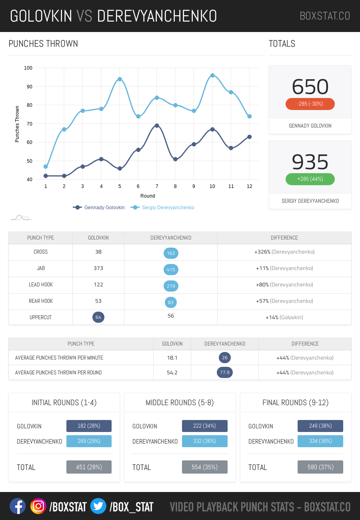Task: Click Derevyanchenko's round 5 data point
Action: pyautogui.click(x=120, y=79)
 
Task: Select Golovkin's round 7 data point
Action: pyautogui.click(x=157, y=126)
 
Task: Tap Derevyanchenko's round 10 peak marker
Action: pyautogui.click(x=212, y=75)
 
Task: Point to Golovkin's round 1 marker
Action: pyautogui.click(x=46, y=176)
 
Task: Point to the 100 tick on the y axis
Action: pyautogui.click(x=28, y=68)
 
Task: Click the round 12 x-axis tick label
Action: pyautogui.click(x=250, y=186)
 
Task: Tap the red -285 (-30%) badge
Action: pyautogui.click(x=310, y=104)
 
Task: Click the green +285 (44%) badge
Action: pyautogui.click(x=310, y=179)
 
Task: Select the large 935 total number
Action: pyautogui.click(x=310, y=162)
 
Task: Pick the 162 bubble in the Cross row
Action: pyautogui.click(x=171, y=253)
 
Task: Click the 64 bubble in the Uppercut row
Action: pyautogui.click(x=98, y=318)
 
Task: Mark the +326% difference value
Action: pyautogui.click(x=262, y=252)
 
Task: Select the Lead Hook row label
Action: pyautogui.click(x=41, y=285)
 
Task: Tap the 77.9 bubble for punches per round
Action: pyautogui.click(x=225, y=372)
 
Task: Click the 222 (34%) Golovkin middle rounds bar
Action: pyautogui.click(x=204, y=426)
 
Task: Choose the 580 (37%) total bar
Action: pyautogui.click(x=320, y=467)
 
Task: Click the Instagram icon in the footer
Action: pyautogui.click(x=38, y=506)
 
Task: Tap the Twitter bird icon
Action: pyautogui.click(x=98, y=506)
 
